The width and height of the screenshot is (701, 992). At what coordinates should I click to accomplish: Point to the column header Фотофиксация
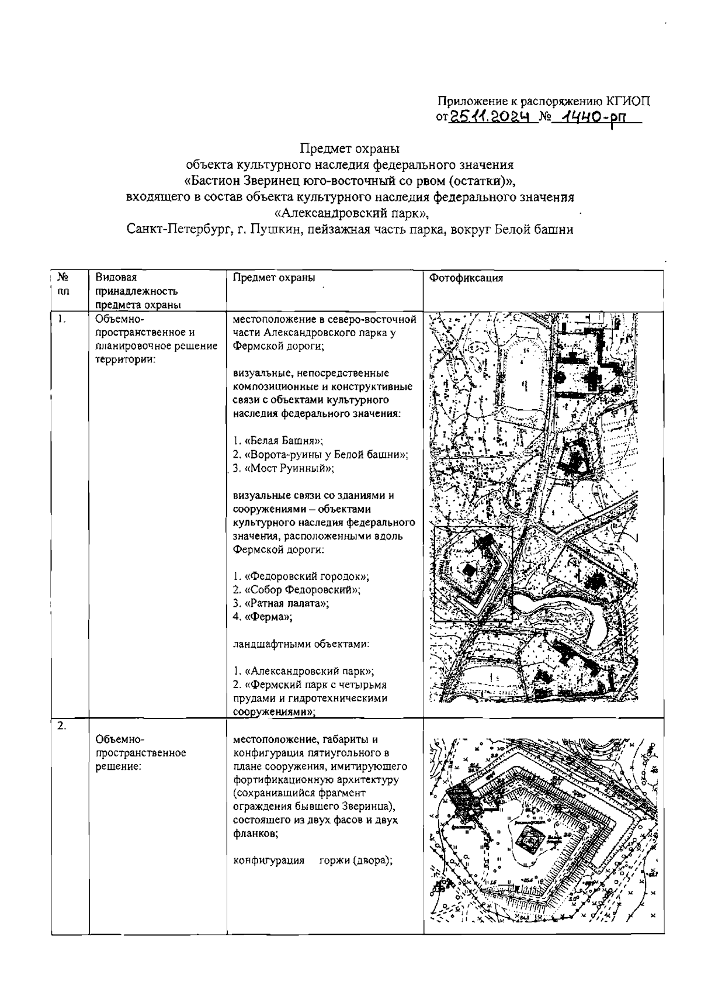[466, 278]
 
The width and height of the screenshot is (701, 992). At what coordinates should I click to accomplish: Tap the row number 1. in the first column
[61, 319]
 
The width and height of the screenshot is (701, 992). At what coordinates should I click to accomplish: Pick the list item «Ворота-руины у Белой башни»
[320, 454]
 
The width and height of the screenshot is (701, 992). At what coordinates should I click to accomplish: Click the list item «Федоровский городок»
[301, 576]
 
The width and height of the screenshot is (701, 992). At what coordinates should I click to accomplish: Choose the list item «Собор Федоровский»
[296, 590]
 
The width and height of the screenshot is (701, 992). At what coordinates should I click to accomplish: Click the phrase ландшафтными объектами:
[301, 644]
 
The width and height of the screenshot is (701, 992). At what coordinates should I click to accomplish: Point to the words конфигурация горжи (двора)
[312, 860]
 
